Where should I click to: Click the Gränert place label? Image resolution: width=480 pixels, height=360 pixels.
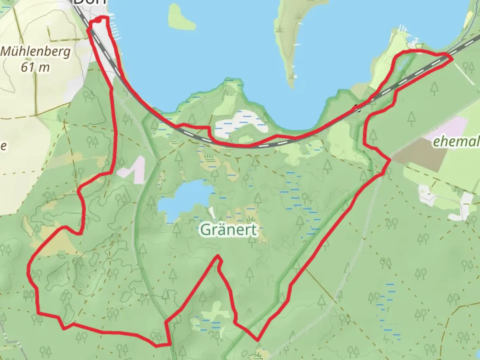(x=229, y=230)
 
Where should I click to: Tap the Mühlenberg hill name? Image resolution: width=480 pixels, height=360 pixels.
(x=36, y=52)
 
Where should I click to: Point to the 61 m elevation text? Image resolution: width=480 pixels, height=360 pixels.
(x=35, y=68)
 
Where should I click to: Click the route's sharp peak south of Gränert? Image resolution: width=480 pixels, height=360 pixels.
(x=218, y=257)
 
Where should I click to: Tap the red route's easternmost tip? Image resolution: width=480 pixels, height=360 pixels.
(x=452, y=59)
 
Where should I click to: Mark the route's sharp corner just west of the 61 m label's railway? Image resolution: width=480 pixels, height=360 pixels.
(x=89, y=30)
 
